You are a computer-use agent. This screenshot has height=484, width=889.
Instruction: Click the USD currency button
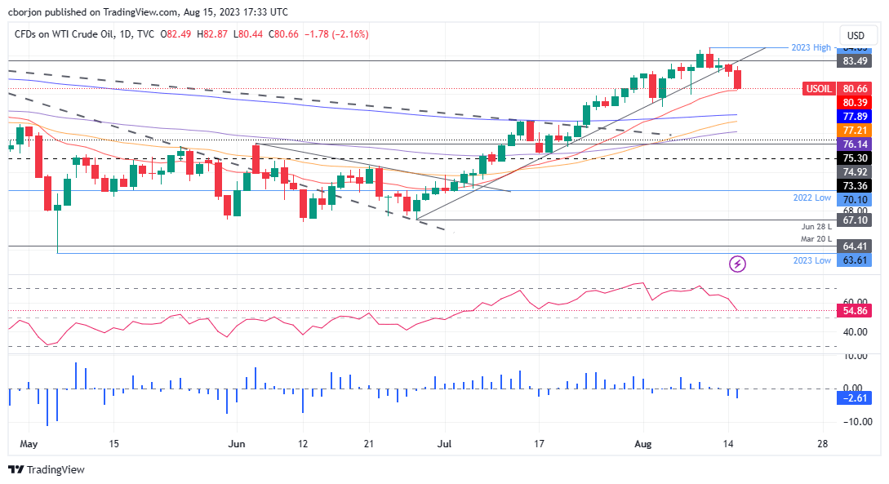pos(856,35)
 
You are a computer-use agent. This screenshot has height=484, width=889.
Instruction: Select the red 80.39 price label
pos(856,102)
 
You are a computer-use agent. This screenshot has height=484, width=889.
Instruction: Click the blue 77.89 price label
pos(856,117)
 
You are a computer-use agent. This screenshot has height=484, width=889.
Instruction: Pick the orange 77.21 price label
pos(856,130)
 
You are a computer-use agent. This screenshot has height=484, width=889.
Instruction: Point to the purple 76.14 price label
pos(856,144)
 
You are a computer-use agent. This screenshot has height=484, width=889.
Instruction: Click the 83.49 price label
pos(856,61)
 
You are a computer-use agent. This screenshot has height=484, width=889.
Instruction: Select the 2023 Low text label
pos(812,260)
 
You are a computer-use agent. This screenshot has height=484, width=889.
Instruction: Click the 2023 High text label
pos(811,47)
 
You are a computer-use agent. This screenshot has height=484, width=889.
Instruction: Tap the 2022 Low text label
pos(812,198)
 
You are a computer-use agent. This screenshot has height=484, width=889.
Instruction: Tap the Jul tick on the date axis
pos(446,444)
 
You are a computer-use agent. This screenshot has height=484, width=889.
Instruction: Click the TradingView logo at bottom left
pos(47,470)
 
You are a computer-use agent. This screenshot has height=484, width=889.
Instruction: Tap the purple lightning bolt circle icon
pos(738,264)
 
